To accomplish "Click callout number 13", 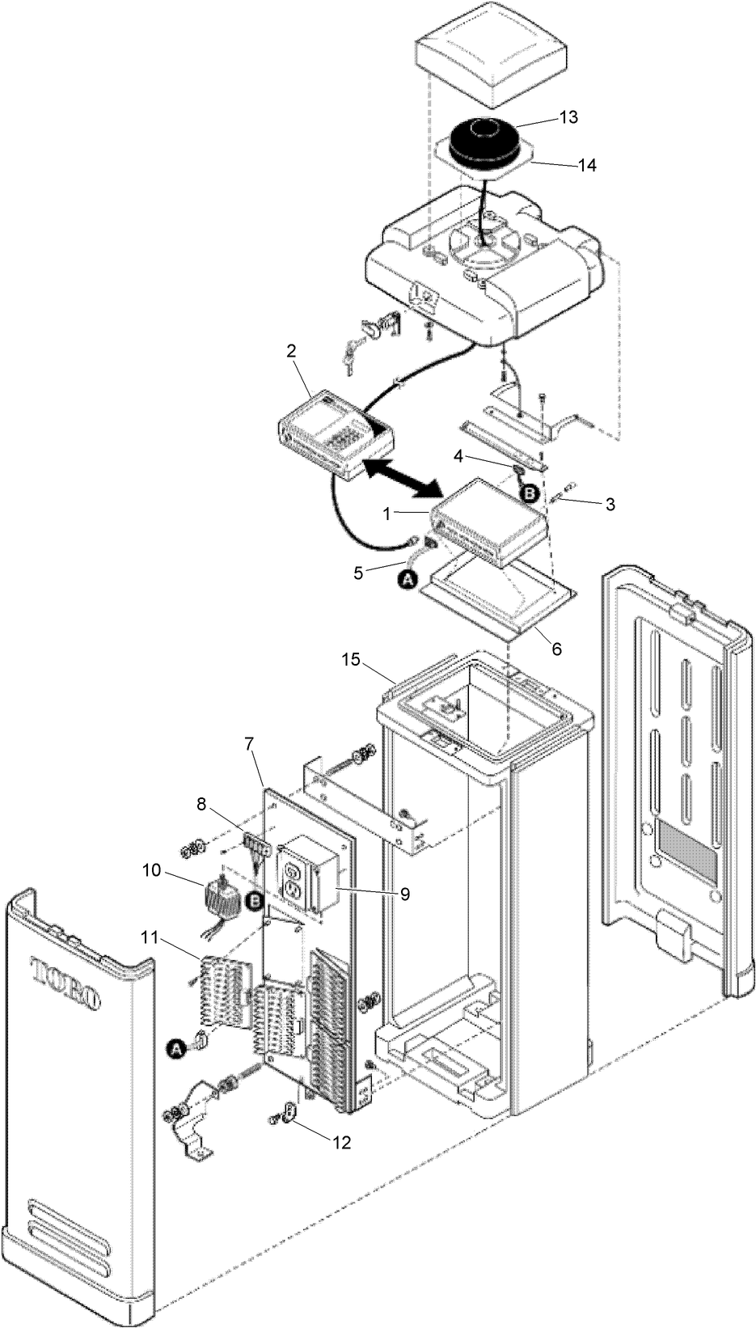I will [568, 116].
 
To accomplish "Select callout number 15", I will [351, 660].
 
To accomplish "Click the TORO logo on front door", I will [66, 983].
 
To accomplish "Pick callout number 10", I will [151, 870].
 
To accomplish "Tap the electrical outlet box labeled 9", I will [307, 878].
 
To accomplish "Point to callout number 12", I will [340, 1144].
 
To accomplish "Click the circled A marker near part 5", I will [409, 578].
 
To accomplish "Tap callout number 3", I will [610, 504].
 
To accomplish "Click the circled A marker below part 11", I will [174, 1049].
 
